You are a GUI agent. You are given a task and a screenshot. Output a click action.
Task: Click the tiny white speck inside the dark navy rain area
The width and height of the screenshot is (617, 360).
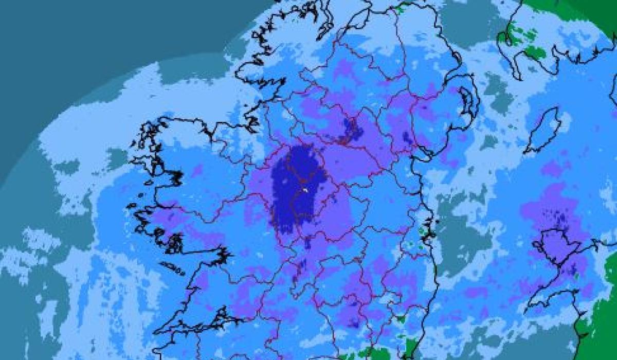click(305, 190)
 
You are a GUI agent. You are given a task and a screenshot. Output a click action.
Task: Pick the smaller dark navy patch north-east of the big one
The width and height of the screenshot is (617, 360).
click(351, 130)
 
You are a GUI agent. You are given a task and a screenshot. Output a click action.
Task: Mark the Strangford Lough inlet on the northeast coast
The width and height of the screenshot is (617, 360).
click(469, 100)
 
